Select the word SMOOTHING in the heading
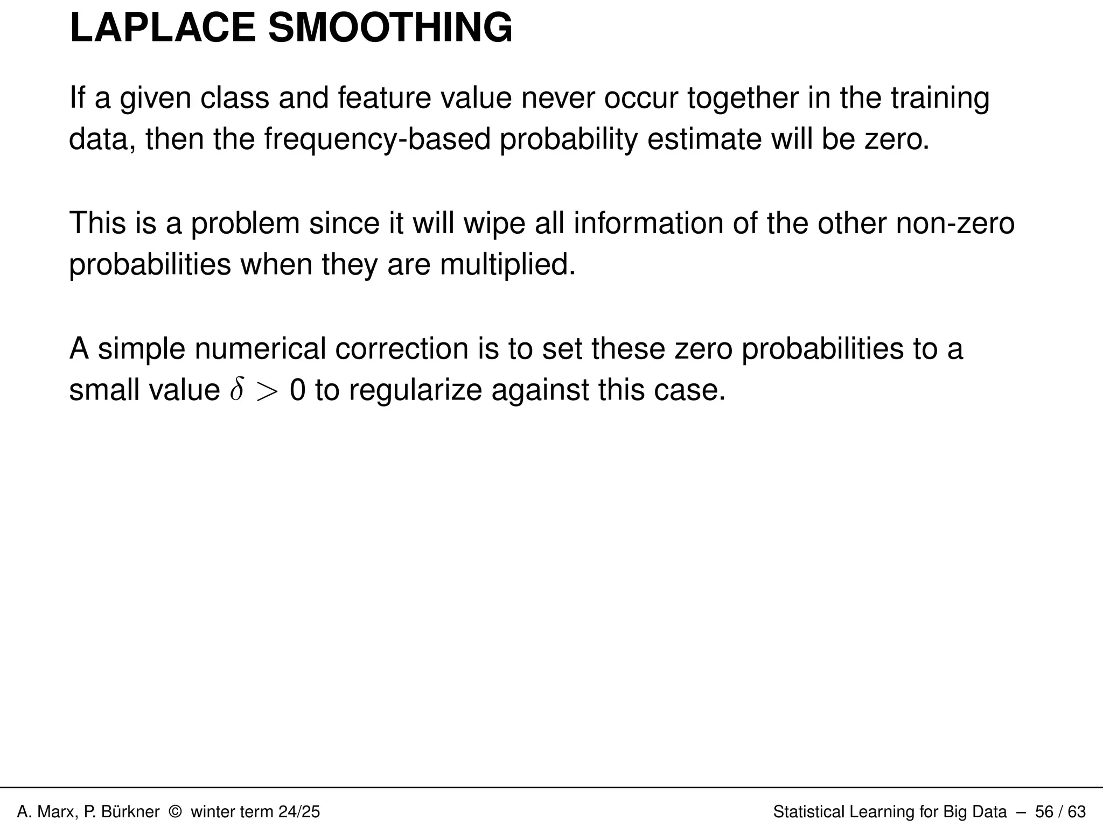390,28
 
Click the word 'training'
940,99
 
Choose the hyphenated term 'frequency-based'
377,140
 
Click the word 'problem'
245,224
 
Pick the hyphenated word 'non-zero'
955,223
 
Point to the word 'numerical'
260,349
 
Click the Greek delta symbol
236,390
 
